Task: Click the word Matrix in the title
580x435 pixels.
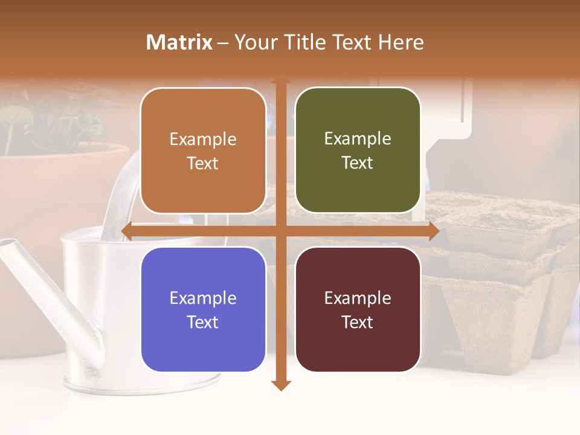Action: [179, 42]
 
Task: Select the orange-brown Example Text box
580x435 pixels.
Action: [203, 151]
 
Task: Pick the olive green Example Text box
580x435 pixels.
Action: [358, 150]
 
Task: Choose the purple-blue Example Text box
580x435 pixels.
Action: [203, 310]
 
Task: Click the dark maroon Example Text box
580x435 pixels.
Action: [358, 309]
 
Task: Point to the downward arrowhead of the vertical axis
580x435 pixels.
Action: [281, 385]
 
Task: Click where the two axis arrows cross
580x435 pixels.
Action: [281, 231]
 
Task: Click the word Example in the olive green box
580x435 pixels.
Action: [358, 139]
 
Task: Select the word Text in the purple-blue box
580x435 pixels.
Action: [203, 322]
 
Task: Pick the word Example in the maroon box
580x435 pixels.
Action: [358, 298]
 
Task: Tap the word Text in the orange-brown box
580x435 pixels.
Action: [203, 163]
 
